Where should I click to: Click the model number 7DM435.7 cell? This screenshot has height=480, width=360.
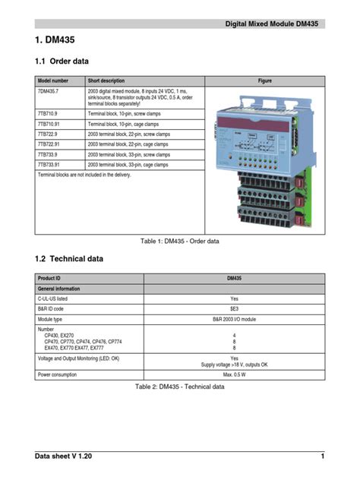(49, 91)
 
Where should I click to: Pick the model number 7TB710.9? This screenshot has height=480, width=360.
(48, 112)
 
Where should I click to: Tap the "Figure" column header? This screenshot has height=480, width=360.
(264, 80)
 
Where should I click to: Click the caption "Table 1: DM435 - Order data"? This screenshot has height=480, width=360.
(180, 241)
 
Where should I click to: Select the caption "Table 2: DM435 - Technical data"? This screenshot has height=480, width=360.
(180, 387)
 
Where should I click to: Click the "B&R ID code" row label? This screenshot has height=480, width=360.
(51, 310)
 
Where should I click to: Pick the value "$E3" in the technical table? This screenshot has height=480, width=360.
(234, 310)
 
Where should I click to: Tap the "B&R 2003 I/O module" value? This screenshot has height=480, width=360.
(234, 321)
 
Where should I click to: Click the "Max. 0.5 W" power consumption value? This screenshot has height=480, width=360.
(234, 374)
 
